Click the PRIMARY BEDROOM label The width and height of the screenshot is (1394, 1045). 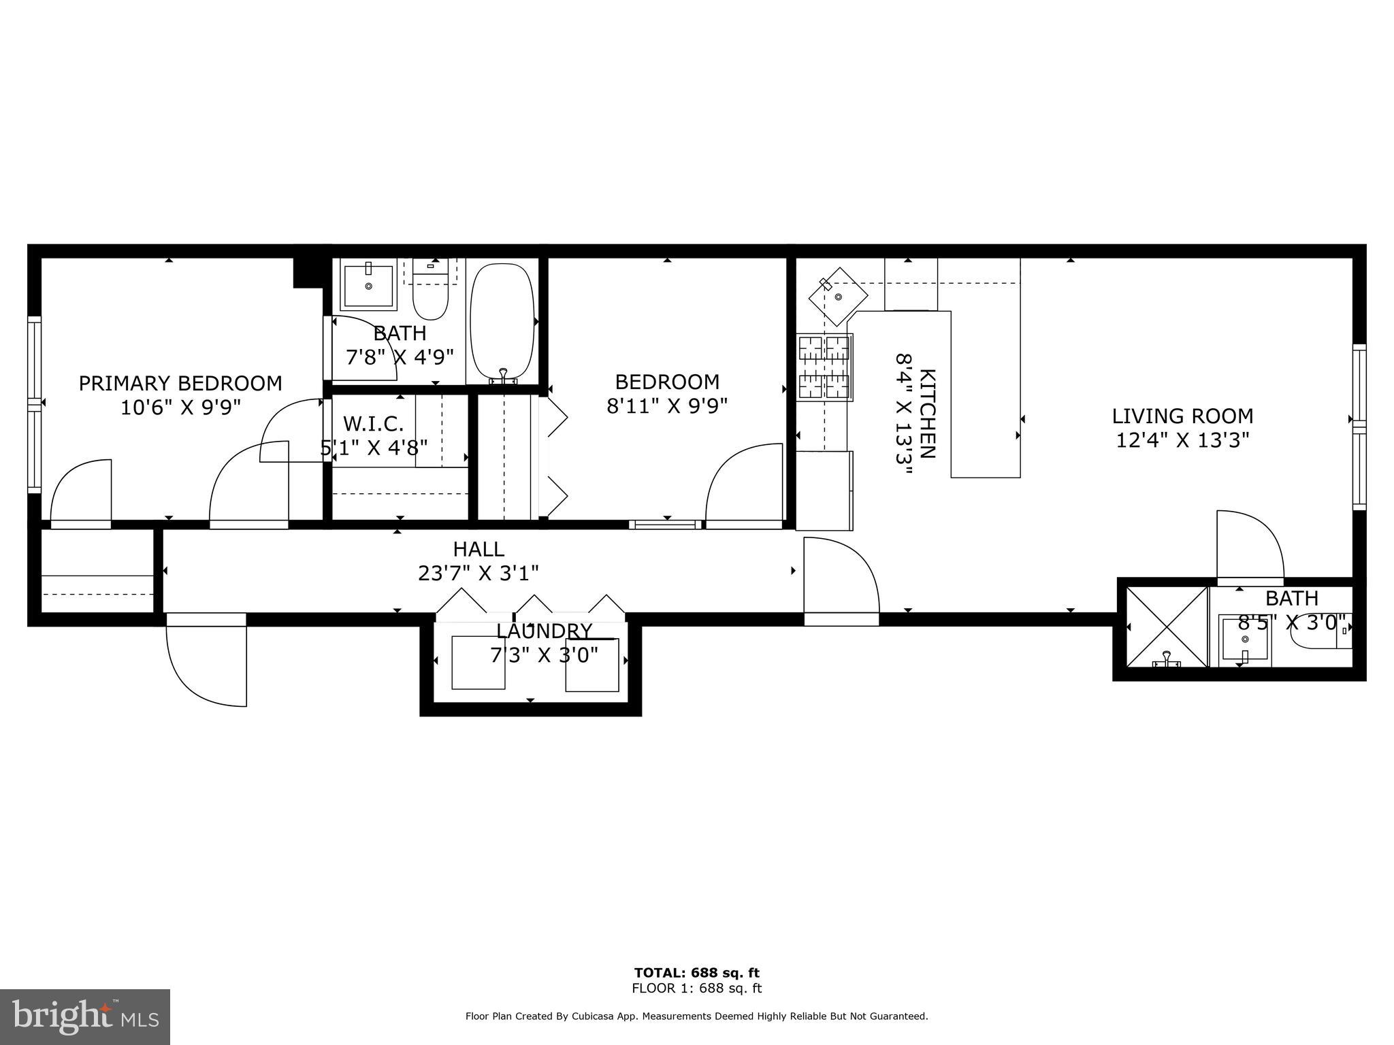pos(180,384)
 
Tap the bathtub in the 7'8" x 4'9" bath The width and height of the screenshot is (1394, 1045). pos(502,321)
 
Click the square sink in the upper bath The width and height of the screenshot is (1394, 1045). pos(369,286)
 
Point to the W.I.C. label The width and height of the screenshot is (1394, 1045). pos(374,424)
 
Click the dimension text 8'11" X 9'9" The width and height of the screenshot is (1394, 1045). pos(667,406)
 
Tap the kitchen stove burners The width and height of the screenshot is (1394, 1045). pos(824,367)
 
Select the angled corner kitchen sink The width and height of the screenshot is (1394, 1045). pos(838,297)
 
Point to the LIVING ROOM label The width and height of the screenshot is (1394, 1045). pos(1182,416)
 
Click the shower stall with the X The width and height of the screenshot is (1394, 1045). pos(1166,627)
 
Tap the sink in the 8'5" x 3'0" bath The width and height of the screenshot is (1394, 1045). pos(1243,638)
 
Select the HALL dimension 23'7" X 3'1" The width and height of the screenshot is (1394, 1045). pos(479,574)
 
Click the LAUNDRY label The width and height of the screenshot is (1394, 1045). pos(544,631)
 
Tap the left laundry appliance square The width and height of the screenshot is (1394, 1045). pos(479,662)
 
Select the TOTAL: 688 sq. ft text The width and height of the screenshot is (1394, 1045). pos(696,973)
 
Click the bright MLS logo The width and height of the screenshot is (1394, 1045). pos(85,1016)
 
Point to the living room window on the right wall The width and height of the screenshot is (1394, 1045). pos(1359,427)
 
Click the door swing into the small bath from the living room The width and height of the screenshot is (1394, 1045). pos(1249,545)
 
